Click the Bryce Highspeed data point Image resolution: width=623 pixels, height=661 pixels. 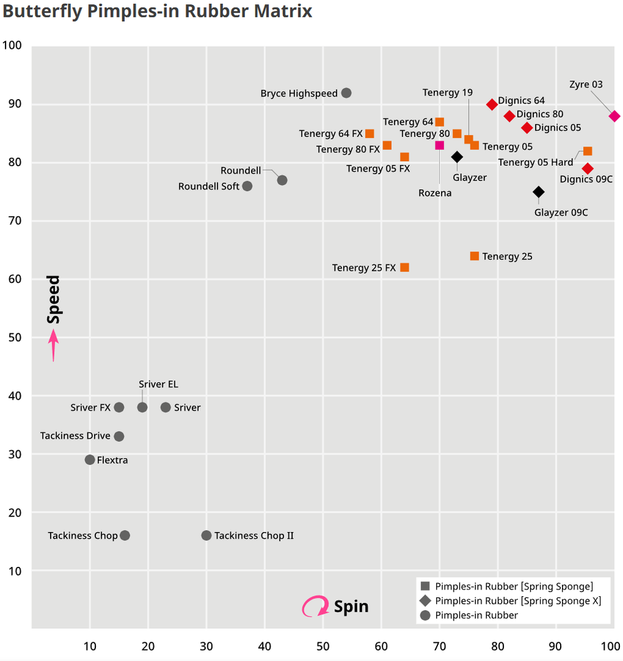tap(346, 93)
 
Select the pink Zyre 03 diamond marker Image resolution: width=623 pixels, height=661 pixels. tap(614, 116)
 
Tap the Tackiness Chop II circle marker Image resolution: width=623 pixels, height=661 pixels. tap(206, 535)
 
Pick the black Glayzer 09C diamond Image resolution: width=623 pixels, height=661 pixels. tap(539, 192)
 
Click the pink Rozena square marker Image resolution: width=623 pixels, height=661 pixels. tap(439, 145)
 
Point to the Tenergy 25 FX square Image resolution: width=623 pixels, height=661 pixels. tap(404, 267)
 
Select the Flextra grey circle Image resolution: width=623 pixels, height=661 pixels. tap(90, 460)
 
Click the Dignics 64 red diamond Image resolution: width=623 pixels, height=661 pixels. tap(492, 104)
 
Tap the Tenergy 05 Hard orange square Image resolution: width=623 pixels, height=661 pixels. tap(587, 151)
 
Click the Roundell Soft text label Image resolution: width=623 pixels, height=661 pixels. tap(209, 186)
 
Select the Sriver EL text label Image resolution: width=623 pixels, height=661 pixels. tap(158, 384)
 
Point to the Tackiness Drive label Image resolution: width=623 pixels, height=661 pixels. tap(75, 435)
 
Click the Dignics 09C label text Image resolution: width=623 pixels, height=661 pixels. tap(586, 179)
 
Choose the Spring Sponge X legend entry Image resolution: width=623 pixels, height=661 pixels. tap(518, 601)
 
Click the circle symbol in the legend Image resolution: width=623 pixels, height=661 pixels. tap(425, 616)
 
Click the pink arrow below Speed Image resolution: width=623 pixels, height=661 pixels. tap(54, 345)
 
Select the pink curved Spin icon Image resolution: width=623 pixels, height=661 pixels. tap(315, 606)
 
